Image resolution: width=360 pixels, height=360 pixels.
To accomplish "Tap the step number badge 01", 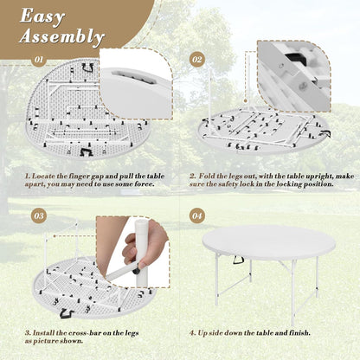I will (38, 61).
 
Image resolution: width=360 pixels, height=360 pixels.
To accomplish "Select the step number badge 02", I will (196, 61).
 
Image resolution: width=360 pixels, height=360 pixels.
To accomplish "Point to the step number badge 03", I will (38, 215).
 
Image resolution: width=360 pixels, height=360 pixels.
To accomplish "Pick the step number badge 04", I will (196, 215).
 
